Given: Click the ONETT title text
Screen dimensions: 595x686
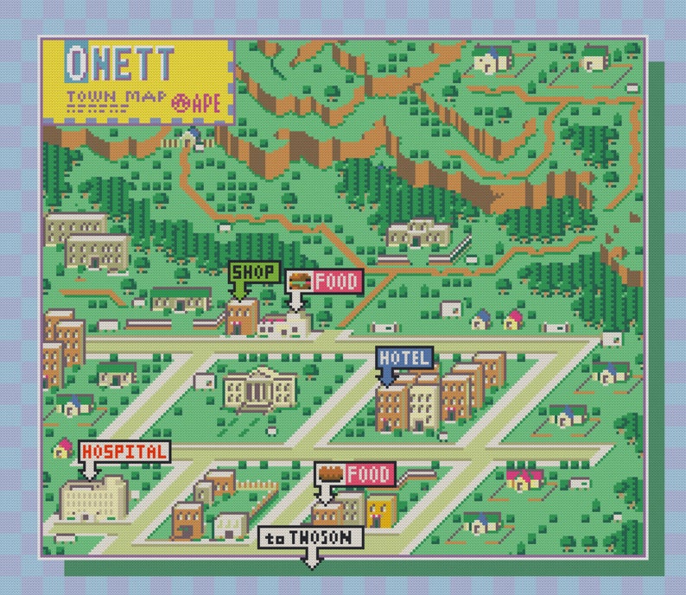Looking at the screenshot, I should click(x=120, y=61).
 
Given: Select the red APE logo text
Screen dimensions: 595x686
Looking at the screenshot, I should click(x=198, y=102).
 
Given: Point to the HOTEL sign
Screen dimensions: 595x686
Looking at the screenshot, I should click(x=403, y=357).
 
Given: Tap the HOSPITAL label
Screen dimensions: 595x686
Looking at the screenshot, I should click(x=124, y=451).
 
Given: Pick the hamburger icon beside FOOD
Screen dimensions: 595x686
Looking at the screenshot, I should click(x=299, y=281).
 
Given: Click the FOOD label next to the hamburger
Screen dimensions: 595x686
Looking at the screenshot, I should click(x=335, y=281).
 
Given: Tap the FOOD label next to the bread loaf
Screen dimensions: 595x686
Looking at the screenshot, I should click(x=369, y=474).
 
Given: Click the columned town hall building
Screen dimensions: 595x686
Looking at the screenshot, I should click(x=258, y=391).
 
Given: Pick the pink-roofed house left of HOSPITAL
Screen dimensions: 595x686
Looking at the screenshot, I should click(x=63, y=448).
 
